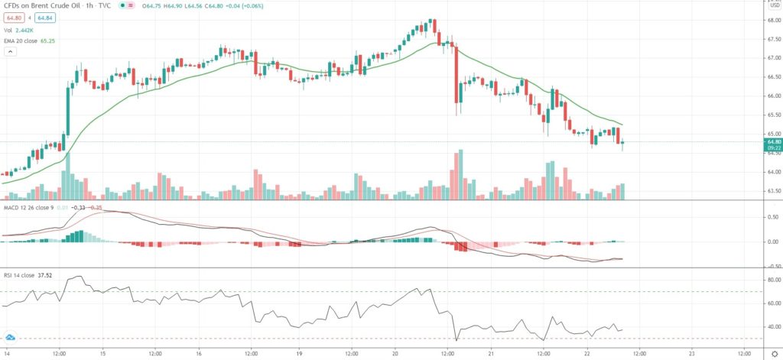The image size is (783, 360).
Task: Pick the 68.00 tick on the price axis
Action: [772, 21]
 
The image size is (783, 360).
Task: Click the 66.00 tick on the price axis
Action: [772, 96]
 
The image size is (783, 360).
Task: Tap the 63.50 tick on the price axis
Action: [772, 191]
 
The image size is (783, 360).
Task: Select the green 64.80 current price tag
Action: [773, 142]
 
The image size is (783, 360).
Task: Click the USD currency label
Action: [773, 5]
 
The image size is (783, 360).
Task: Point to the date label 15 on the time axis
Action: [102, 354]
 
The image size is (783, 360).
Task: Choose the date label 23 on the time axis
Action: [690, 354]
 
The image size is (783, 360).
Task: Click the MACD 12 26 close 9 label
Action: [31, 207]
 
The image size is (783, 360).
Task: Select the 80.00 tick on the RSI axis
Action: [772, 281]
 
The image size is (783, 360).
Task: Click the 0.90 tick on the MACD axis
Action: [772, 217]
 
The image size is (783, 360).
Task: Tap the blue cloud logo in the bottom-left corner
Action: [11, 336]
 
